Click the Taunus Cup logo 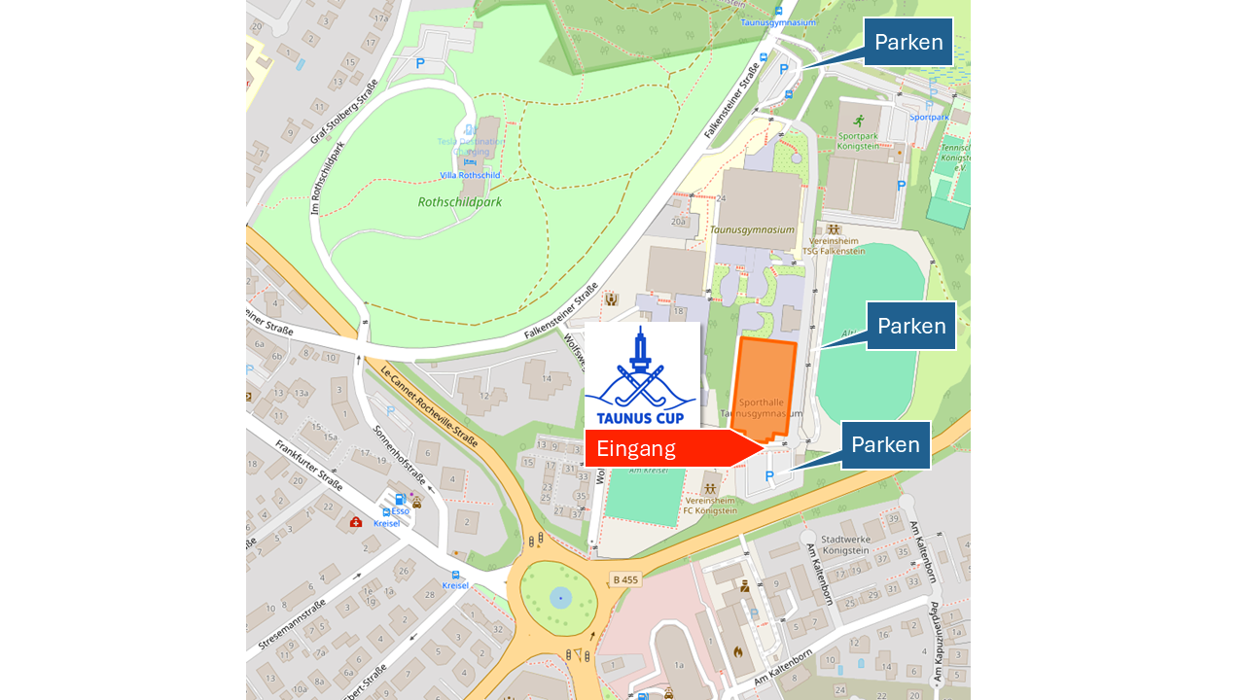(x=641, y=377)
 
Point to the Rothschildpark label (x=459, y=202)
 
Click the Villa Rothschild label (x=470, y=175)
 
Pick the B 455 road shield (x=625, y=579)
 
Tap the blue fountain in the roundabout (x=560, y=597)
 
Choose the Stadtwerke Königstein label (x=844, y=543)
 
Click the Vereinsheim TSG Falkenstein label (x=833, y=245)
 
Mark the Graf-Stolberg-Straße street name (x=343, y=113)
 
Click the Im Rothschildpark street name (x=328, y=179)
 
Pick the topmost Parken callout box (x=907, y=42)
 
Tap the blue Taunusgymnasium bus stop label (x=777, y=21)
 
